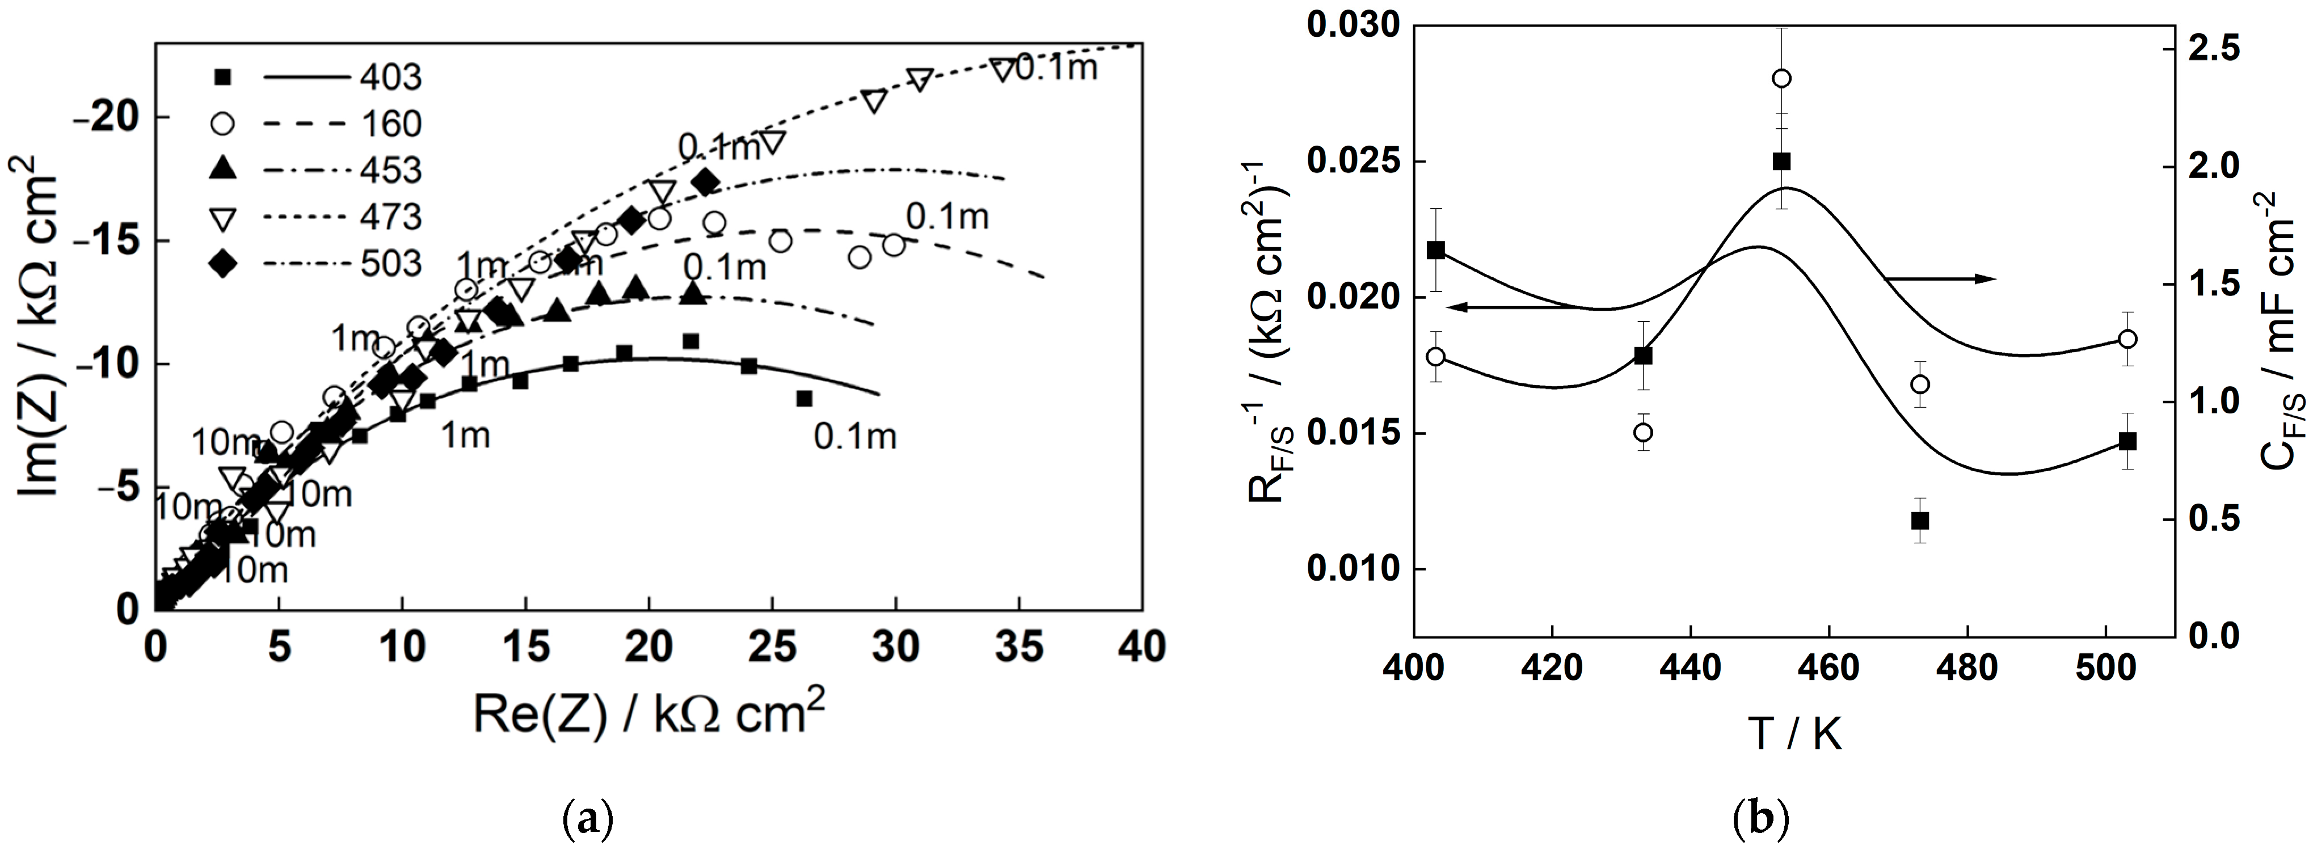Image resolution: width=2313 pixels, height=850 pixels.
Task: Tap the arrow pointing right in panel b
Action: tap(1940, 279)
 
